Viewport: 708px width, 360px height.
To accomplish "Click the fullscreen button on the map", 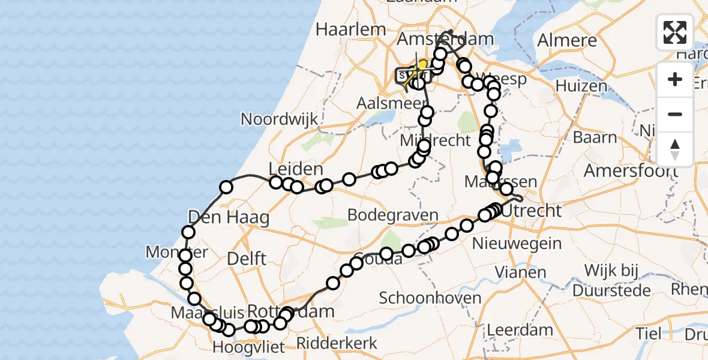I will [675, 32].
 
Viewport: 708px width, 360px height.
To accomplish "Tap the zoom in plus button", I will [675, 80].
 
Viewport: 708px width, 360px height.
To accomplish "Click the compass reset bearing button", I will [675, 149].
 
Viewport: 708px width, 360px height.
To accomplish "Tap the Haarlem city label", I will [350, 29].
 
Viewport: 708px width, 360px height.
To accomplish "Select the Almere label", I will [567, 41].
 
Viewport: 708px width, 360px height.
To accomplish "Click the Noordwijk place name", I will [279, 119].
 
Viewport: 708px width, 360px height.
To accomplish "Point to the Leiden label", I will [296, 169].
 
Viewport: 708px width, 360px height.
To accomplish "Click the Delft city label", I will [247, 259].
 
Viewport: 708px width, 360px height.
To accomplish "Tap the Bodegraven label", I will [393, 215].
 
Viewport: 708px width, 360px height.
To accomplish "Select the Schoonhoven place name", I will [430, 298].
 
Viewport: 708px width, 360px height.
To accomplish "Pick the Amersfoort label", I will [632, 170].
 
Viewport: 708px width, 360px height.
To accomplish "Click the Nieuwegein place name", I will [517, 244].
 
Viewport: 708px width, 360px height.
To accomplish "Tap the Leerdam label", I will [520, 329].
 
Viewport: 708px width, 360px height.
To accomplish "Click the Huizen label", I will [581, 86].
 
